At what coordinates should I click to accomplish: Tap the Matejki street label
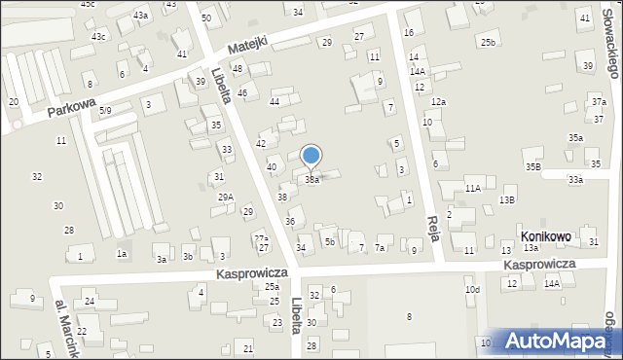click(247, 48)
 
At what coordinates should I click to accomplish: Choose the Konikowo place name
click(545, 236)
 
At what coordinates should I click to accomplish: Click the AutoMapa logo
click(561, 341)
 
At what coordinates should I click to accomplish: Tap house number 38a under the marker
click(311, 180)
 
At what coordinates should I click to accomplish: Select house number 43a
click(141, 16)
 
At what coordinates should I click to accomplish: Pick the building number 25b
click(487, 43)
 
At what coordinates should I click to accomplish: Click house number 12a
click(439, 102)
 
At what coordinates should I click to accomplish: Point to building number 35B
click(533, 167)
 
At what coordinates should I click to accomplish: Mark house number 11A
click(473, 188)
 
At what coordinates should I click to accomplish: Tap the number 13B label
click(507, 199)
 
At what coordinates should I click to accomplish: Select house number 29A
click(225, 197)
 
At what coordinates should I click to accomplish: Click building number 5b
click(330, 241)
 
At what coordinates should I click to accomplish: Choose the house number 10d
click(472, 290)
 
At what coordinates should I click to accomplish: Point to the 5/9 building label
click(105, 111)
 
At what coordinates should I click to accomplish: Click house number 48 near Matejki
click(237, 68)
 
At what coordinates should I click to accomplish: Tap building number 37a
click(599, 102)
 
